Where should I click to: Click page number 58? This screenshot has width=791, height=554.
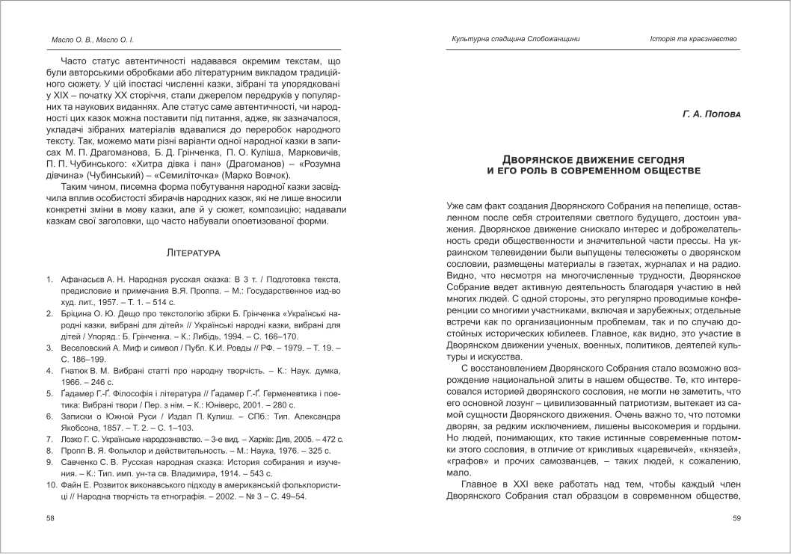[x=50, y=518]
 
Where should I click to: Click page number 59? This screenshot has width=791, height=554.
[x=736, y=518]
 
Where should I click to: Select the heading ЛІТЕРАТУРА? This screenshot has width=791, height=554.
[x=196, y=253]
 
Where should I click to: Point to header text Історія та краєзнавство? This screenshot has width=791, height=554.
[x=693, y=38]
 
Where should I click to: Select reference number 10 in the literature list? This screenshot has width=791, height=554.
[x=50, y=485]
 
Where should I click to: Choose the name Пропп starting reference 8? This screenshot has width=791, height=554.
[x=73, y=451]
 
